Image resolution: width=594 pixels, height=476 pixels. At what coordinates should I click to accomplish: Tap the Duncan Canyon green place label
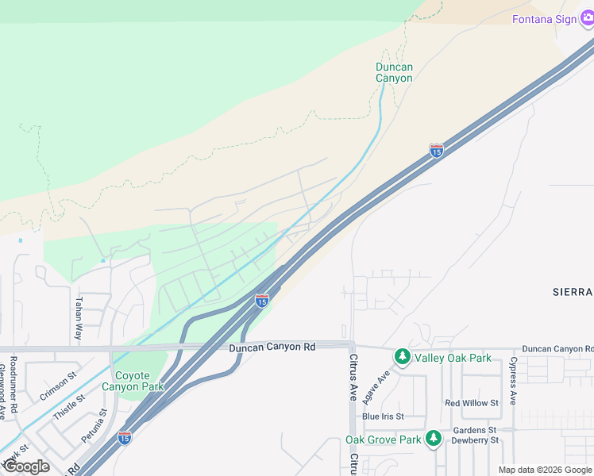tap(394, 73)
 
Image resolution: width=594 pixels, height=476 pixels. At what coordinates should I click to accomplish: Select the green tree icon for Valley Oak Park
tap(403, 358)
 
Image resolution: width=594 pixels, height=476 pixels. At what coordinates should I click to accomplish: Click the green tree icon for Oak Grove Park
tap(433, 439)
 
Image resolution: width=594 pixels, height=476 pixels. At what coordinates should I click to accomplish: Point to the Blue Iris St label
tap(383, 416)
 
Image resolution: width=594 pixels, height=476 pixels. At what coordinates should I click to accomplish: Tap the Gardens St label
tap(474, 430)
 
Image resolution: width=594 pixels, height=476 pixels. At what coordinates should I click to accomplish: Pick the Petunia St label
tap(93, 427)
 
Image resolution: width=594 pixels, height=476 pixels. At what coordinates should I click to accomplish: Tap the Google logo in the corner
tap(26, 466)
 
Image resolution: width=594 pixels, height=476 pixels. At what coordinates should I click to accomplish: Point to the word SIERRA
tap(572, 292)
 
